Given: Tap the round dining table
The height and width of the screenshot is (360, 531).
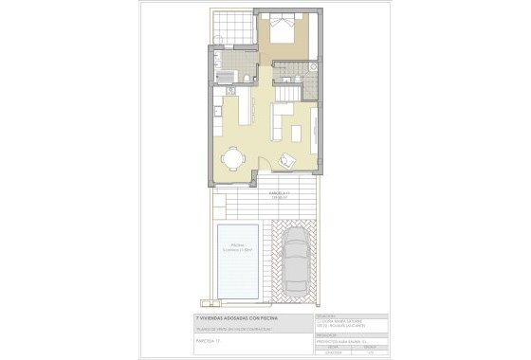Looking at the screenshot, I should point(232,156).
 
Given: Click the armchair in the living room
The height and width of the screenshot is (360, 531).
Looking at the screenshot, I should point(289,162).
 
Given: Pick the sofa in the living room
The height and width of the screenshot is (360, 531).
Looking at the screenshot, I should point(282,121).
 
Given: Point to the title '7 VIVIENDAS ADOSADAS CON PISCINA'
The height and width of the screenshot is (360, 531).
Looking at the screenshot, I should point(229,318).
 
